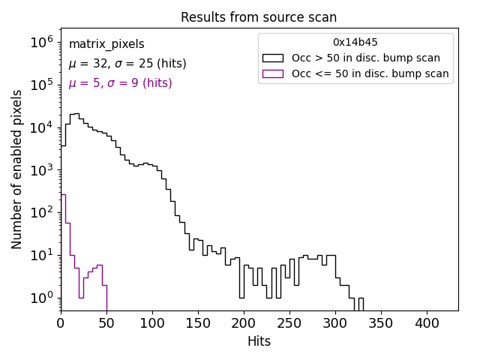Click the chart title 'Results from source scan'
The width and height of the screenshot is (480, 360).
pos(259,17)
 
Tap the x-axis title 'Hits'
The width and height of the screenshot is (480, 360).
pos(259,341)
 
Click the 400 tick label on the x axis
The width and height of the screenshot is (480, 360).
pos(427,323)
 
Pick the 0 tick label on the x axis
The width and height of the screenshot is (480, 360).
pos(61,323)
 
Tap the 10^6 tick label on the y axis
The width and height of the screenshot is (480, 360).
pos(42,43)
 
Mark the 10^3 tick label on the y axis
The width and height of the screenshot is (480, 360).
pos(42,170)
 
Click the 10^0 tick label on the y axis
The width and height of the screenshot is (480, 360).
pos(42,298)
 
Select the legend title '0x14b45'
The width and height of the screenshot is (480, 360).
pos(355,43)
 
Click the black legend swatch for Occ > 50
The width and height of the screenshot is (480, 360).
pos(273,58)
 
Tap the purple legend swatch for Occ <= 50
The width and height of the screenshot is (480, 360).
pos(273,73)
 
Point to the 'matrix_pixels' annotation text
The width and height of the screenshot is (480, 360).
pos(106,45)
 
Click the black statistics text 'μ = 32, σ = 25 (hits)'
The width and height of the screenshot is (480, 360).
pos(127,64)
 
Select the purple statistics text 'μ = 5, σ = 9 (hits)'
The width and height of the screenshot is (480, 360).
pos(120,83)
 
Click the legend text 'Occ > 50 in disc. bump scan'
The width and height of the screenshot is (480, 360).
pos(366,58)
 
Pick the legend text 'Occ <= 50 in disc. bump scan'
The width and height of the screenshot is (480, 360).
pos(370,73)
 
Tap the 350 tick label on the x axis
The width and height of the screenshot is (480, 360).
pos(381,323)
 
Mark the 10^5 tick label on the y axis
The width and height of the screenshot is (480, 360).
pos(42,85)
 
